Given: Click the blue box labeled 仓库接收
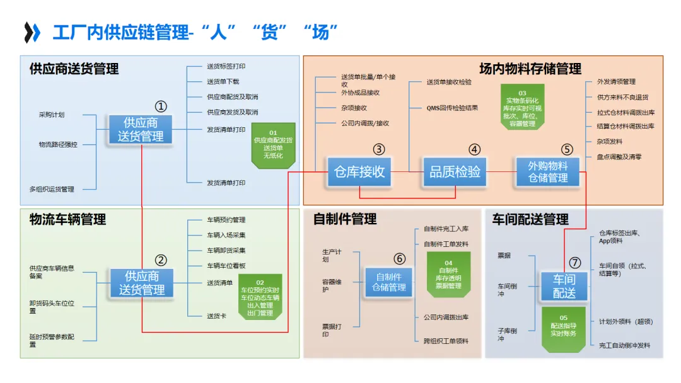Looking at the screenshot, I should coord(359,171).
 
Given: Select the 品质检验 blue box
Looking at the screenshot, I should coord(455,171).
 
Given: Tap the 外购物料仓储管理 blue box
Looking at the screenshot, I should coord(548,171).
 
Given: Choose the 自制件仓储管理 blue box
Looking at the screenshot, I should coord(389,282).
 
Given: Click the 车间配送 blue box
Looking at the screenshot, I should coord(564,287).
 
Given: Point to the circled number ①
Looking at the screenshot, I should coord(162,106).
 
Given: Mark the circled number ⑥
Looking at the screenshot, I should coord(399,258).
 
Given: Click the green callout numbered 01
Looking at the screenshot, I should coord(273,145).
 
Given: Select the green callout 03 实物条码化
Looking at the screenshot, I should coord(522,107).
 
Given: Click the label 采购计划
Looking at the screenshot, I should coord(52,115).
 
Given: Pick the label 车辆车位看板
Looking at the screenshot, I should coord(226,266).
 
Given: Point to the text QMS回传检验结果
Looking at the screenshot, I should coord(452,108).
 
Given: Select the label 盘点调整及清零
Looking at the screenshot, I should coord(619,157).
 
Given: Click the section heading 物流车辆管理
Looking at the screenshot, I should coord(68,219).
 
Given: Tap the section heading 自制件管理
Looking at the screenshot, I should coord(345,219).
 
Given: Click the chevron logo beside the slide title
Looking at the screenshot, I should coord(32,32).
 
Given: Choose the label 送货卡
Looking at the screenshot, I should coord(216,316).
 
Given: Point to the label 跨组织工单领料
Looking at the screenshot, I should coord(446,341).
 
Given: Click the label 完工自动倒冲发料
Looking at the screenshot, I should coord(624,345).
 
